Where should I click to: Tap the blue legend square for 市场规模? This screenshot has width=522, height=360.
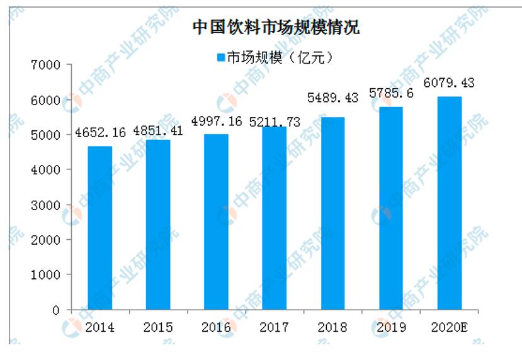point(221,57)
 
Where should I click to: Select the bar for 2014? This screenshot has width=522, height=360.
point(99,228)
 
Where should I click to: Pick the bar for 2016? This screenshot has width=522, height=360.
point(216,222)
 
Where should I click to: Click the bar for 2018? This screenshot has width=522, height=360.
point(332,213)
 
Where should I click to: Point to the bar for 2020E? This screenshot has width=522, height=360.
point(450,203)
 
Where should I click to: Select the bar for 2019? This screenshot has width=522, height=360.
point(391,208)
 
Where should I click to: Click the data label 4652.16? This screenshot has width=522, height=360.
point(100,133)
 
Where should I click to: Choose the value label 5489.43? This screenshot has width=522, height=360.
point(332,98)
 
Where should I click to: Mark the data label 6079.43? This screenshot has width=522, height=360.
point(450,82)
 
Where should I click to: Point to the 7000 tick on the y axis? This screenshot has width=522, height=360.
point(47,65)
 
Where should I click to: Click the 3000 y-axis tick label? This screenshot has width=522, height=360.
point(47,205)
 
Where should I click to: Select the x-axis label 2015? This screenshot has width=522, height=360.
point(158,327)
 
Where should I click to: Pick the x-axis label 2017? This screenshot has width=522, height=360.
point(274,327)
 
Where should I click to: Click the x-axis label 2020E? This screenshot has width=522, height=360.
point(450,327)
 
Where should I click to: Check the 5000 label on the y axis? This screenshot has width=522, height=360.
point(47,135)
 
